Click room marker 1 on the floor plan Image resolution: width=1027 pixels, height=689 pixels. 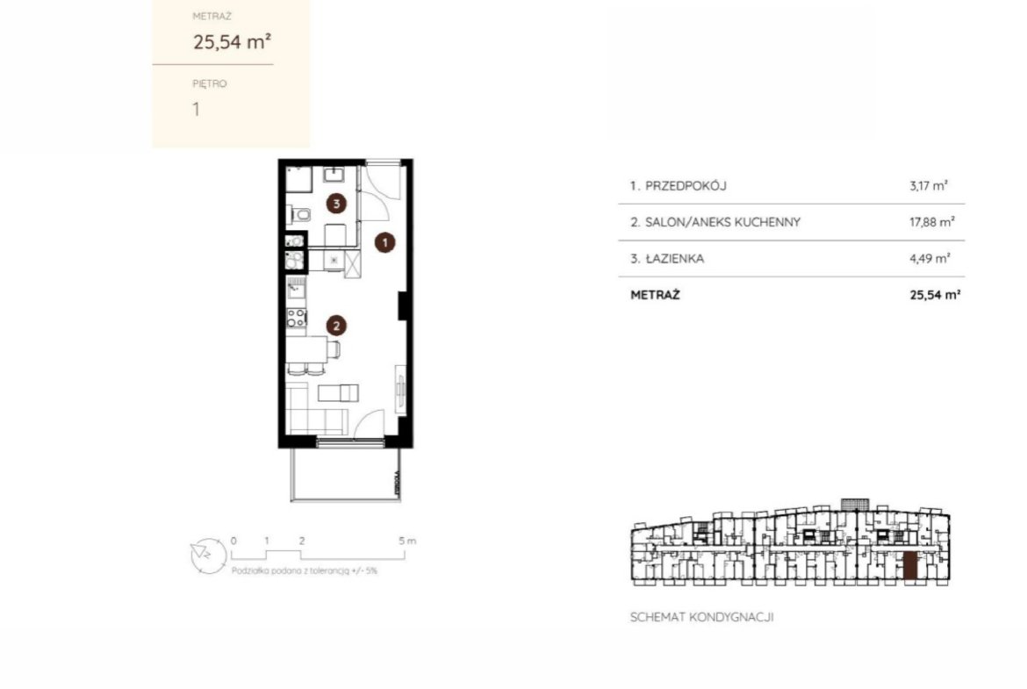[385, 242]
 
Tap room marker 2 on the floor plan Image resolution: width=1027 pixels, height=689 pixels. [337, 326]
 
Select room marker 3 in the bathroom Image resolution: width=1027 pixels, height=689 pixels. [337, 203]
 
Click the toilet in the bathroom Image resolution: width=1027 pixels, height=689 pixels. [300, 214]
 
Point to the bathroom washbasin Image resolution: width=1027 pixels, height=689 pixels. [334, 175]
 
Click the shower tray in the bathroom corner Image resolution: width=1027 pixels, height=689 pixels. [298, 179]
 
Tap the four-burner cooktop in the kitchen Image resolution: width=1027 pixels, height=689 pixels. [297, 318]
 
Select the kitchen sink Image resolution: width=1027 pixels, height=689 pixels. [297, 287]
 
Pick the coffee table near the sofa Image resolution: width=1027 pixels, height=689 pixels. [338, 392]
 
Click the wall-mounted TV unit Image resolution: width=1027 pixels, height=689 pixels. [400, 389]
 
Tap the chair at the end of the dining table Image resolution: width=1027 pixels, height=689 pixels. [334, 349]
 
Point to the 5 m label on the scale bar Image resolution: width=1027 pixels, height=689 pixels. [407, 541]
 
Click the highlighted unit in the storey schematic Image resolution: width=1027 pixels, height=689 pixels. [910, 566]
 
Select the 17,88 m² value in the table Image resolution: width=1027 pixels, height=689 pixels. [931, 222]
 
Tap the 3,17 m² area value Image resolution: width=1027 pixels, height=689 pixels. [929, 186]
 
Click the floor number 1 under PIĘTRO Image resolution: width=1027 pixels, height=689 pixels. [196, 109]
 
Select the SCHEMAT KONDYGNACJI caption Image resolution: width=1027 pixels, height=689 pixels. [701, 617]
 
